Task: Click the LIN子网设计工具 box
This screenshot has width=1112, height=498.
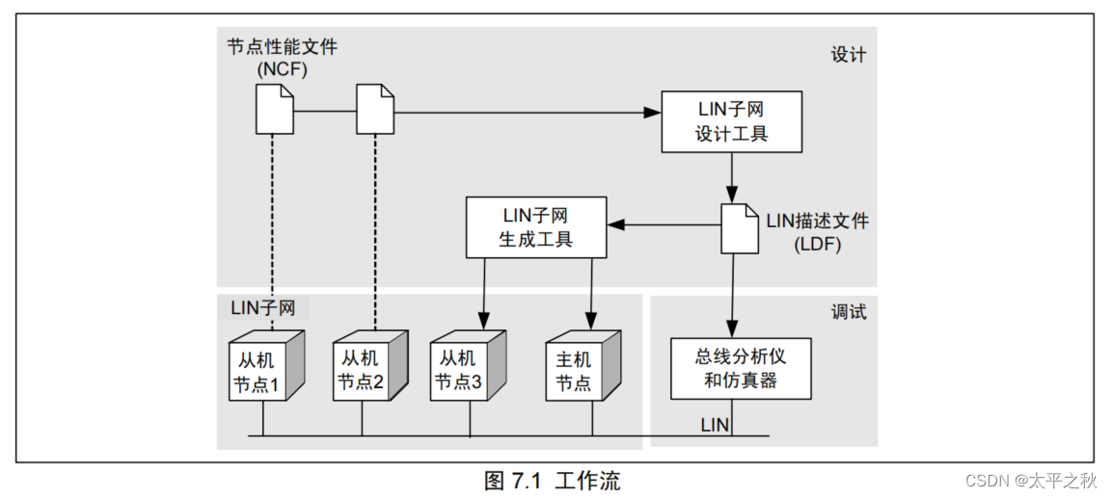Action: [x=731, y=121]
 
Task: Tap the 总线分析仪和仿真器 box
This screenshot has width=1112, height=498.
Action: [x=741, y=368]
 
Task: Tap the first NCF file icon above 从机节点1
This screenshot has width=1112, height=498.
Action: [x=274, y=110]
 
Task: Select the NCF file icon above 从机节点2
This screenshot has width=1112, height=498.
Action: [x=375, y=110]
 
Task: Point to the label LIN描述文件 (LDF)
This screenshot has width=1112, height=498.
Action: [x=817, y=232]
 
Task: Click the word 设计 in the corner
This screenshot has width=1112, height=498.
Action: [x=848, y=55]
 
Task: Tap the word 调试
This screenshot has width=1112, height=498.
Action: [x=849, y=312]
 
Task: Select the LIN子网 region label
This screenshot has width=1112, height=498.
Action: [x=263, y=308]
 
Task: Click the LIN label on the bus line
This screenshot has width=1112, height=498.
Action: [x=715, y=424]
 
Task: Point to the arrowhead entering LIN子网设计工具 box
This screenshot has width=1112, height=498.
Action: [x=654, y=113]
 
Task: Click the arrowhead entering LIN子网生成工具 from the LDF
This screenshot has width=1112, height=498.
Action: [x=615, y=225]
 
